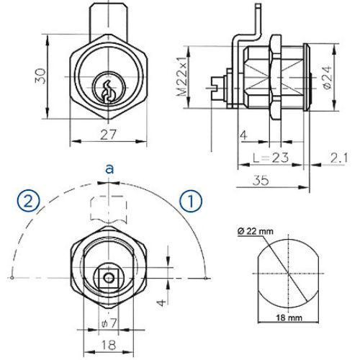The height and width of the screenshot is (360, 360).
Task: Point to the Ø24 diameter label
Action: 325,74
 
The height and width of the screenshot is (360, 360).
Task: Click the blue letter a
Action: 109,169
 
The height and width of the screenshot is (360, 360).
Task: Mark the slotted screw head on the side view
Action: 219,91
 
